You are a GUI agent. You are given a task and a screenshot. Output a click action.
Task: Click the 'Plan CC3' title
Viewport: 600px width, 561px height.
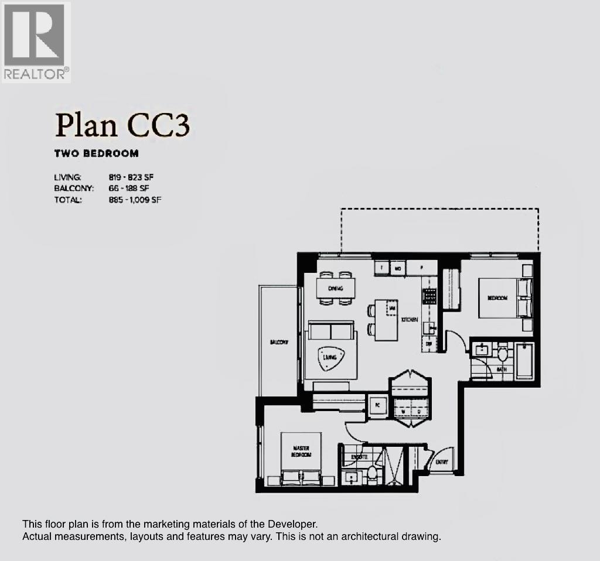[122, 125]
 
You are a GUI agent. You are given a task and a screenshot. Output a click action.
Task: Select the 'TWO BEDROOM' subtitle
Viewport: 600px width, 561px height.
[96, 153]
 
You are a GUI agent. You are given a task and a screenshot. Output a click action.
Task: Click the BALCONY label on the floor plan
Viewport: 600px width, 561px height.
[278, 343]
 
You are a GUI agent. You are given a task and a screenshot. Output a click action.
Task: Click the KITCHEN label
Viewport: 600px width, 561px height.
[409, 320]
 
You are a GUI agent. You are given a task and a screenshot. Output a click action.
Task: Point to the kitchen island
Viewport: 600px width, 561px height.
[386, 320]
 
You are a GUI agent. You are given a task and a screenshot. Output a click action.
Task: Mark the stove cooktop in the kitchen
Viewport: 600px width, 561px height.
[429, 296]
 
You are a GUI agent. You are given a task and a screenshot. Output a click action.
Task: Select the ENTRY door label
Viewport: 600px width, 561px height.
[441, 463]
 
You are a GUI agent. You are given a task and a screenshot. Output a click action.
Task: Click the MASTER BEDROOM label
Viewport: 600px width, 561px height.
[301, 451]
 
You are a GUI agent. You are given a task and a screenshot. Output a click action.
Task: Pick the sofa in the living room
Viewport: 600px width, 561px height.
[330, 331]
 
